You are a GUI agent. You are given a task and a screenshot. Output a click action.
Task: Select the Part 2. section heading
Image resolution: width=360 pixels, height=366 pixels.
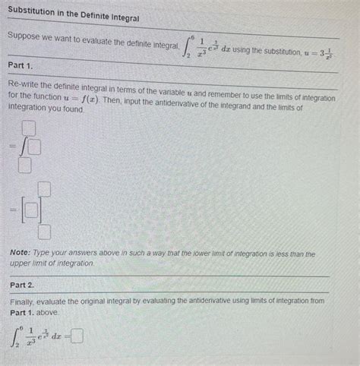23,285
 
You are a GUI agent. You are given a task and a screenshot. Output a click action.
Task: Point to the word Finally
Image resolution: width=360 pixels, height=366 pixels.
25,301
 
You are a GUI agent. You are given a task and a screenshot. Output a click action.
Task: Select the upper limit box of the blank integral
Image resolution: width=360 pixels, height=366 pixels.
29,127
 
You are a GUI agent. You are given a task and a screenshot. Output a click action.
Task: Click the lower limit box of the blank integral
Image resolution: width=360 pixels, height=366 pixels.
25,162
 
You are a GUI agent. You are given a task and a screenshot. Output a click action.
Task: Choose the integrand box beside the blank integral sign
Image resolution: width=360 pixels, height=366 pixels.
34,145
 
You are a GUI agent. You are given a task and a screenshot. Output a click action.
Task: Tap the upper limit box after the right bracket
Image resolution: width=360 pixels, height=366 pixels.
46,189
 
